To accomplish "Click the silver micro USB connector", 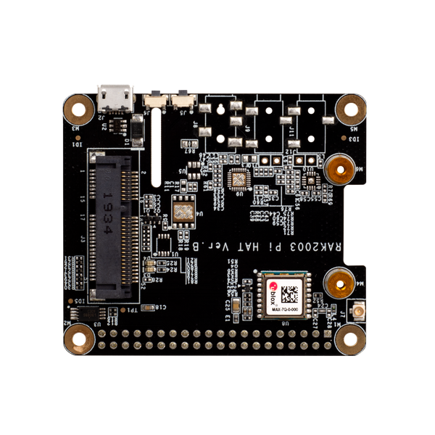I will pyautogui.click(x=115, y=95).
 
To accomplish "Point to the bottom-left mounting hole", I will pyautogui.click(x=78, y=338).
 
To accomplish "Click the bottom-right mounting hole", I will pyautogui.click(x=351, y=338).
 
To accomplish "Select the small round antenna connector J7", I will pyautogui.click(x=357, y=311).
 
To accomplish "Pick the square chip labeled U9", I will pyautogui.click(x=236, y=178).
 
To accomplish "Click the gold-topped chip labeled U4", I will pyautogui.click(x=183, y=211).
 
